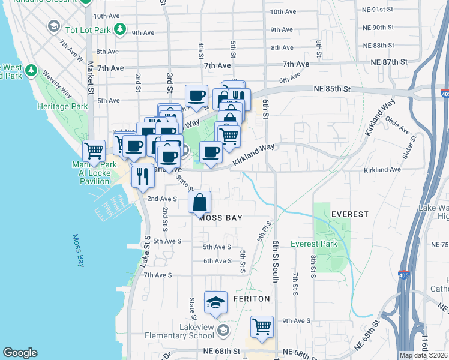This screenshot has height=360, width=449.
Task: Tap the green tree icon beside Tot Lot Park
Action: click(x=121, y=28)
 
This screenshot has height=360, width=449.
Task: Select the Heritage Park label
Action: click(x=67, y=106)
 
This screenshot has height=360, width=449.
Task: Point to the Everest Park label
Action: click(x=313, y=244)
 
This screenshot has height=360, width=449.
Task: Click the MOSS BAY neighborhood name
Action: click(x=220, y=218)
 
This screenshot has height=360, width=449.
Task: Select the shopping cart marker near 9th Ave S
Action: click(x=262, y=327)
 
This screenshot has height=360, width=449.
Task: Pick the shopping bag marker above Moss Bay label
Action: click(x=200, y=202)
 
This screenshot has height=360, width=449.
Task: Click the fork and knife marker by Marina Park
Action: click(x=142, y=176)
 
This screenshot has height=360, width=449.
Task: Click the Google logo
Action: click(x=20, y=353)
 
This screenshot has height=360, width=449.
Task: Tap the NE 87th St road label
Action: click(x=389, y=62)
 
